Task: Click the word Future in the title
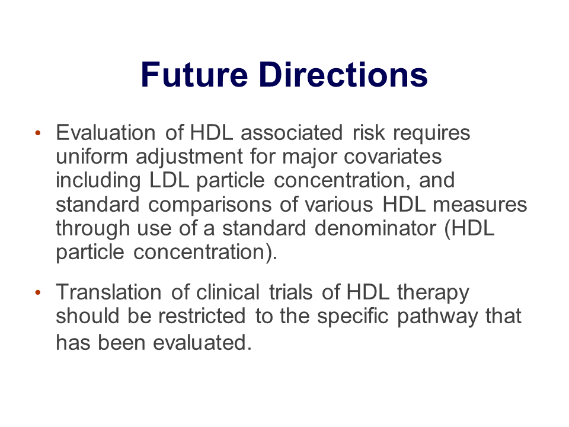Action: (x=194, y=75)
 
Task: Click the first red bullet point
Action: (x=38, y=133)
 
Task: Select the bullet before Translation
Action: (x=38, y=292)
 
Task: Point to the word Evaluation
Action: (x=106, y=132)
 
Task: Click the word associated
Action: (x=292, y=132)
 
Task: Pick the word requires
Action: (x=431, y=133)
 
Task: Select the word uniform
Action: (x=92, y=157)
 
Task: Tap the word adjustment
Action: (x=189, y=157)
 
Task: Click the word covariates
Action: (x=392, y=157)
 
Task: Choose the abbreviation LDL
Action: (x=170, y=180)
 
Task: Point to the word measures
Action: (x=480, y=205)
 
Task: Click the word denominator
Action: (x=375, y=228)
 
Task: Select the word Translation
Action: (x=108, y=292)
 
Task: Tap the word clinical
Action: (x=228, y=292)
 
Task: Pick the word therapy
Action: (x=433, y=293)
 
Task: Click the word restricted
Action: (x=202, y=316)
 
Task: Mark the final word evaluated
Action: (x=202, y=343)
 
